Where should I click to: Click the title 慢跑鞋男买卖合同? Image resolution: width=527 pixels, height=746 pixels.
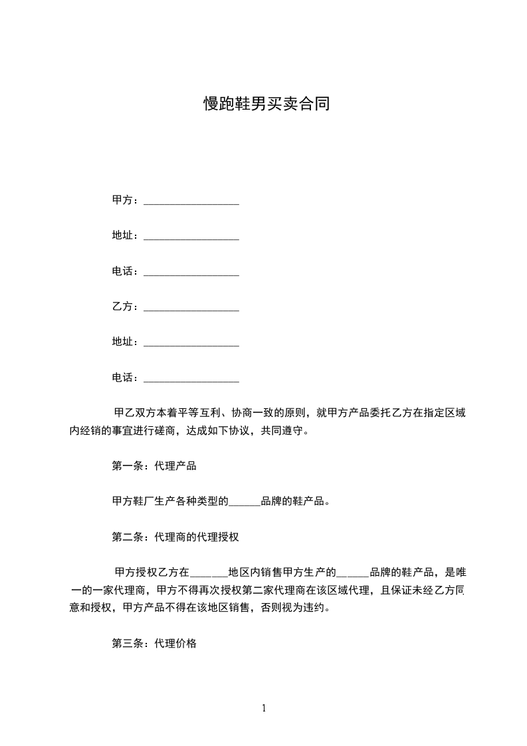[x=266, y=104]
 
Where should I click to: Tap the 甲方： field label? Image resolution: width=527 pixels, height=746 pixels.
[x=126, y=199]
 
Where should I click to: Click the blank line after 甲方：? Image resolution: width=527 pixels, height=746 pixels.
[x=191, y=201]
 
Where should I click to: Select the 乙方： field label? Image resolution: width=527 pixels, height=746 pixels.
[x=126, y=307]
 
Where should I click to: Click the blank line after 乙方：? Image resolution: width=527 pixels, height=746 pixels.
[x=191, y=308]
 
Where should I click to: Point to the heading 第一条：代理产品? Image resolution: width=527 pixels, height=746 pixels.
[x=154, y=466]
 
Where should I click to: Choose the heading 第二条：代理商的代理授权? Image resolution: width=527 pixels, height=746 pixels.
[x=175, y=537]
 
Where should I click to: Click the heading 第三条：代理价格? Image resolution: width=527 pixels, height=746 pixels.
[x=154, y=644]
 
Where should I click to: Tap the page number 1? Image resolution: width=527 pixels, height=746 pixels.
[x=264, y=707]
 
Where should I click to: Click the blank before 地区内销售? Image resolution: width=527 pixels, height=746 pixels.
[x=209, y=572]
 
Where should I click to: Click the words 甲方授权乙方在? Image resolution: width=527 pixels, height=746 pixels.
[x=152, y=572]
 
